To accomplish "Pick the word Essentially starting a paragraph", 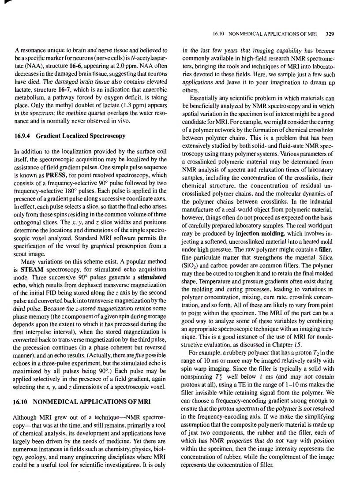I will coord(205,98).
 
